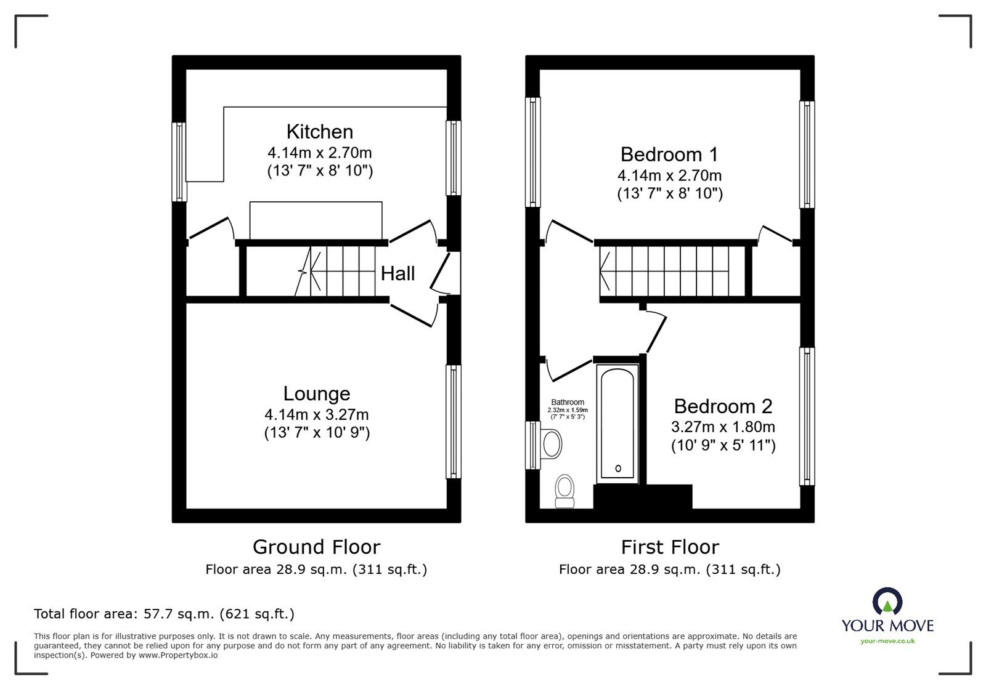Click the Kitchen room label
coord(319,132)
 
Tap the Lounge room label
coord(317,394)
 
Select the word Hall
coord(397,273)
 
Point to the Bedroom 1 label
coord(669,154)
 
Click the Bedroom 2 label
coord(723,406)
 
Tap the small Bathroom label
coord(568,403)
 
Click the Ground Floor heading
coord(316,547)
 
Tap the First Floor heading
coord(670,547)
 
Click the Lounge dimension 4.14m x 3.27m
coord(317,415)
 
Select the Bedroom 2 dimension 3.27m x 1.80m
coord(723,427)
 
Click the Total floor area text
coord(164,614)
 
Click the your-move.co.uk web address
coord(887,641)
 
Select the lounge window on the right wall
coord(454,422)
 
